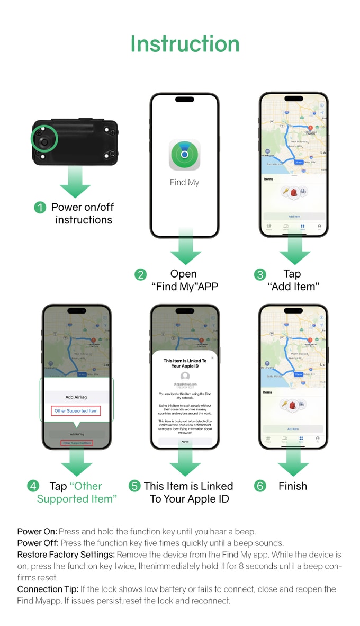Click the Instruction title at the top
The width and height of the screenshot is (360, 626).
click(185, 44)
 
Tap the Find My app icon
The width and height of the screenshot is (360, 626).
click(184, 154)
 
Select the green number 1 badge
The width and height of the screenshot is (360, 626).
click(40, 208)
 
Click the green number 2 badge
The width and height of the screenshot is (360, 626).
click(140, 274)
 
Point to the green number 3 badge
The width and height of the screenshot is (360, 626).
click(260, 274)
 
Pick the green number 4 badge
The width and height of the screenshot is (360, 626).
click(33, 486)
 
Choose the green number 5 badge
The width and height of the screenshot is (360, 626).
click(134, 486)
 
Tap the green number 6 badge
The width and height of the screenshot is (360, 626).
click(260, 486)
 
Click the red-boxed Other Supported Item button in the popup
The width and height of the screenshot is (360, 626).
click(76, 411)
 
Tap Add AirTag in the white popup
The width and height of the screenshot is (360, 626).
click(76, 397)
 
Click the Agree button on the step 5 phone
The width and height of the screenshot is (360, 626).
click(185, 441)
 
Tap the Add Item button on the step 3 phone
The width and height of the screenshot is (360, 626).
click(294, 217)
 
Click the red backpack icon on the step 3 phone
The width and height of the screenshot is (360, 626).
click(294, 192)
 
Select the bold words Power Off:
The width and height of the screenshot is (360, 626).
click(38, 543)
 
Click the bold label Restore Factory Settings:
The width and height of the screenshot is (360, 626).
click(66, 555)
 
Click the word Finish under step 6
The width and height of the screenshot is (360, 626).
click(293, 486)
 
